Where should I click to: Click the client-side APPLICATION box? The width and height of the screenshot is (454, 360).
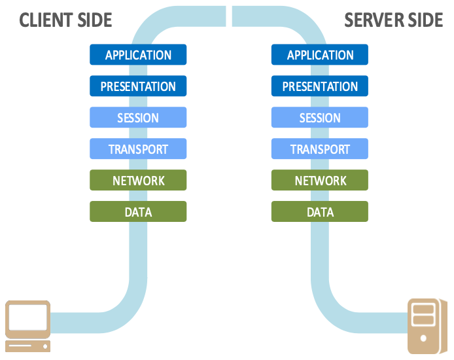coord(138,55)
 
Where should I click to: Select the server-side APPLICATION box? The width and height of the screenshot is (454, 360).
coord(320,55)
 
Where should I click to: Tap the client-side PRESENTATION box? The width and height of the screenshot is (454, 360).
coord(138,86)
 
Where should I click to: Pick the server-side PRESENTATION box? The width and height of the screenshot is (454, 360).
coord(320,86)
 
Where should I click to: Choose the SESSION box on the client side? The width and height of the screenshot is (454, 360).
coord(138,118)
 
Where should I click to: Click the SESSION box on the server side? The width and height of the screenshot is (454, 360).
coord(320,118)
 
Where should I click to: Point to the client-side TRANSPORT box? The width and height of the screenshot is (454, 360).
coord(138,149)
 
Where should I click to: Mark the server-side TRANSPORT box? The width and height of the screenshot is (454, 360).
coord(320,149)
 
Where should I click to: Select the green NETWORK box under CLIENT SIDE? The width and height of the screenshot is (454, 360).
coord(138,181)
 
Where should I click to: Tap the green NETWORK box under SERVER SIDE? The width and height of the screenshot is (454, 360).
coord(320,181)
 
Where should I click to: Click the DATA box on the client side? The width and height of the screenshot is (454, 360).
coord(138,212)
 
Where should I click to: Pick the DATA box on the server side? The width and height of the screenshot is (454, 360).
coord(320,212)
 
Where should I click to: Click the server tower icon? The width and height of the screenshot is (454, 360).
coord(424,326)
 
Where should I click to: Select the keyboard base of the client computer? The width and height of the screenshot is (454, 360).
coord(27,346)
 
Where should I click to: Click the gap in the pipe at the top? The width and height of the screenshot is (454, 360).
coord(229,16)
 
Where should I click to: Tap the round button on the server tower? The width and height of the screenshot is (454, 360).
coord(424,339)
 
